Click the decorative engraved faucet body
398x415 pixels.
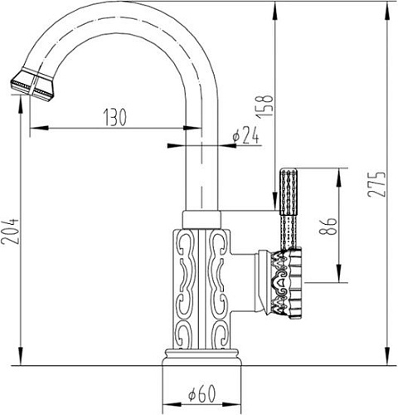[201, 282]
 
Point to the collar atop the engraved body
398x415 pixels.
[201, 218]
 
